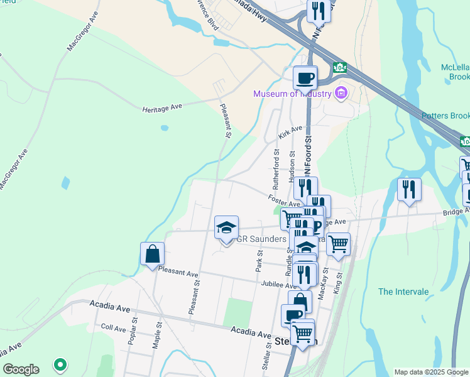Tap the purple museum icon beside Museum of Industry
pyautogui.click(x=341, y=94)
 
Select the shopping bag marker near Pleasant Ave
pyautogui.click(x=152, y=254)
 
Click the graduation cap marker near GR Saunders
pyautogui.click(x=226, y=228)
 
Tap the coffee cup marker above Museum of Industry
pyautogui.click(x=305, y=78)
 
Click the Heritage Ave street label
pyautogui.click(x=161, y=107)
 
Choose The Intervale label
pyautogui.click(x=403, y=292)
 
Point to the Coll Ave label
pyautogui.click(x=113, y=328)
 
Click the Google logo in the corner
pyautogui.click(x=21, y=369)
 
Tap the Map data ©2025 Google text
pyautogui.click(x=430, y=372)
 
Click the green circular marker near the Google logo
pyautogui.click(x=60, y=364)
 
